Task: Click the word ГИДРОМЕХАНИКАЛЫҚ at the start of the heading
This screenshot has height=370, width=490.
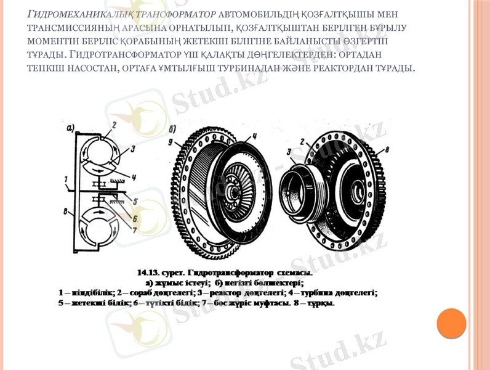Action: pyautogui.click(x=66, y=14)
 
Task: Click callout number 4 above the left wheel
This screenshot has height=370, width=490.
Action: pyautogui.click(x=254, y=136)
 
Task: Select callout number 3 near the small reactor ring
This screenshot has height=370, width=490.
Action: pyautogui.click(x=289, y=151)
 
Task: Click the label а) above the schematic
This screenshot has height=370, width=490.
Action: pyautogui.click(x=71, y=129)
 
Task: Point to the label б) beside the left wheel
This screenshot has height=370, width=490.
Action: pyautogui.click(x=172, y=129)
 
